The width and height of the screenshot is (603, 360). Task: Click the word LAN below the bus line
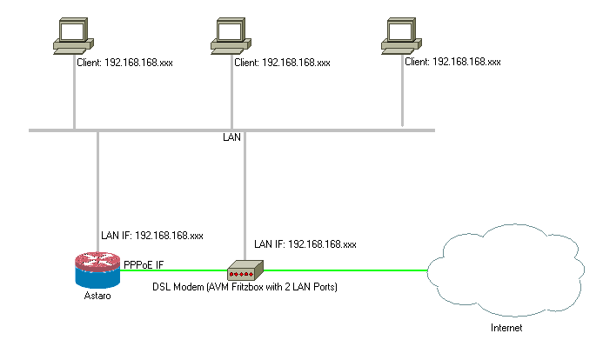point(231,137)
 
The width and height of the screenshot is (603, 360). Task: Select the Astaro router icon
point(97,270)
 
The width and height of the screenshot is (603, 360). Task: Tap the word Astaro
point(97,297)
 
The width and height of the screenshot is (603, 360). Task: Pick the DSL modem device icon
point(246,270)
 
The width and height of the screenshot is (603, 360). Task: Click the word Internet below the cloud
point(507,329)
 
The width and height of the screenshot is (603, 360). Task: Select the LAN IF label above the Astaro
point(152,235)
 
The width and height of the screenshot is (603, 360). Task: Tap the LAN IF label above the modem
point(305,244)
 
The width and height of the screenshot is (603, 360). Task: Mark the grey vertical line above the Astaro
point(97,183)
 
